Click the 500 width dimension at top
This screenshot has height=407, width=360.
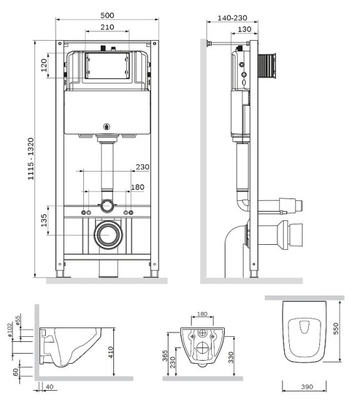[106, 16]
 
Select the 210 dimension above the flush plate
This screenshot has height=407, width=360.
[106, 28]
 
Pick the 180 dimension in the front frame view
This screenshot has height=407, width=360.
[138, 187]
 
